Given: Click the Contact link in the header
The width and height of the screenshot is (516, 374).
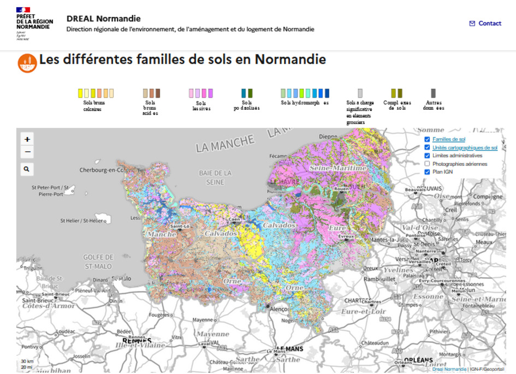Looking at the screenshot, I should pyautogui.click(x=485, y=23).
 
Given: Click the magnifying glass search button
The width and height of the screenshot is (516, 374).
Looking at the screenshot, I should pyautogui.click(x=27, y=169).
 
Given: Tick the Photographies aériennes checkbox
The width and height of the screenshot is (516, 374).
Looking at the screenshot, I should pyautogui.click(x=427, y=164).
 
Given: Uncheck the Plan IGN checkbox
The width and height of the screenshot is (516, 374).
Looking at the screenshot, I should pyautogui.click(x=427, y=172).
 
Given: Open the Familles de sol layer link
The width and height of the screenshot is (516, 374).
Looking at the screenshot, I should pyautogui.click(x=448, y=139).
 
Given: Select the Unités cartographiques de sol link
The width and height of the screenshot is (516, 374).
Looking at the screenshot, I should pyautogui.click(x=465, y=147).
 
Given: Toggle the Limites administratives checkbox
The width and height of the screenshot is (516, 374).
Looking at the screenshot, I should pyautogui.click(x=427, y=156).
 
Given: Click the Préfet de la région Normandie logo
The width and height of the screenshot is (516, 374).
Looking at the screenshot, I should pyautogui.click(x=34, y=23).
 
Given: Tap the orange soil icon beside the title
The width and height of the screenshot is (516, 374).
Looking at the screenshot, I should pyautogui.click(x=27, y=63).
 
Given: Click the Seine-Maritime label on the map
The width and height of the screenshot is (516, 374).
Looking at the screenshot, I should pyautogui.click(x=338, y=168).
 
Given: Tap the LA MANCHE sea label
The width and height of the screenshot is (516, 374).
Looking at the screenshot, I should pyautogui.click(x=225, y=144).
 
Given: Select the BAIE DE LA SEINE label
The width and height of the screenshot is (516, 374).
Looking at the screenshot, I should pyautogui.click(x=215, y=177).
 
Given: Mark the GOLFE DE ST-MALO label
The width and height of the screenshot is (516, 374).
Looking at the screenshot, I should pyautogui.click(x=98, y=262).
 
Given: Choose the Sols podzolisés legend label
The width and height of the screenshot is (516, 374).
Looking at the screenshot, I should pyautogui.click(x=246, y=105).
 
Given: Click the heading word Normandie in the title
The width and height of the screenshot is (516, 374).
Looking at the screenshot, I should pyautogui.click(x=290, y=59).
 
